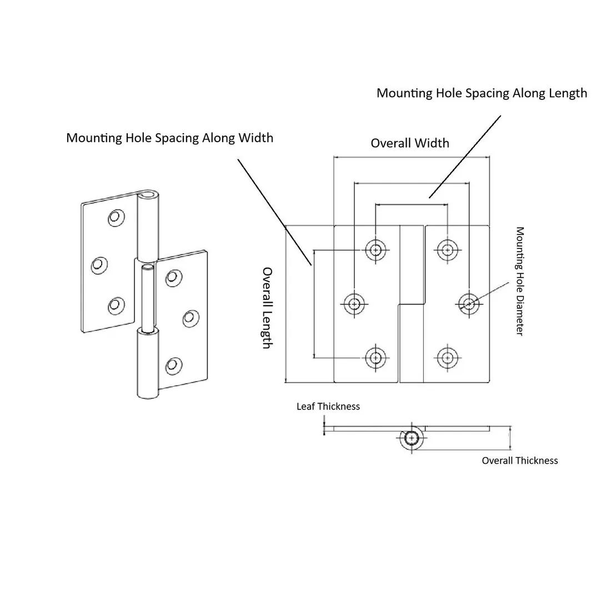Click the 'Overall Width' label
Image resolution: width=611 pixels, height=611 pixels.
point(409,143)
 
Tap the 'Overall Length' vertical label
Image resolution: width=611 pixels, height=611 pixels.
point(268,308)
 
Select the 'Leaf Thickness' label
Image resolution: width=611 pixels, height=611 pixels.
point(328,407)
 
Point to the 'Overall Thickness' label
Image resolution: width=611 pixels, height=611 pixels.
point(519,460)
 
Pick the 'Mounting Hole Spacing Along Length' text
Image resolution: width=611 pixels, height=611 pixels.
point(482,93)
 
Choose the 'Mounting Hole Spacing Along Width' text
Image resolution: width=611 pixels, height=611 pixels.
point(169,138)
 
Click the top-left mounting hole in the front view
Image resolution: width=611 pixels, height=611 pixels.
point(376,250)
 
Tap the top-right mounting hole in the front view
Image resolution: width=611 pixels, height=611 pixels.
point(447,250)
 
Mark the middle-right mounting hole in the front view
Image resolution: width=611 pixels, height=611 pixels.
point(469,303)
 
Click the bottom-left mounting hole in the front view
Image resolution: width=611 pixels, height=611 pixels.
point(376,357)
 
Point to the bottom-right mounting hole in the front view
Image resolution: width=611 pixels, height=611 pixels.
point(447,357)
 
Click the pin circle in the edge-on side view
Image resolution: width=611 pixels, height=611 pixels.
point(412,438)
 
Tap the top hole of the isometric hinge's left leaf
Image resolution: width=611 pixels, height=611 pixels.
point(116,218)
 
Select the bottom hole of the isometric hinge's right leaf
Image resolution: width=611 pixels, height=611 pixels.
point(174,365)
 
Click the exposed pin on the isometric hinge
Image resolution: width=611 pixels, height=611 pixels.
point(148,297)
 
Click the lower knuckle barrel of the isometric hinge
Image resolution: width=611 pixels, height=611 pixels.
point(147,364)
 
